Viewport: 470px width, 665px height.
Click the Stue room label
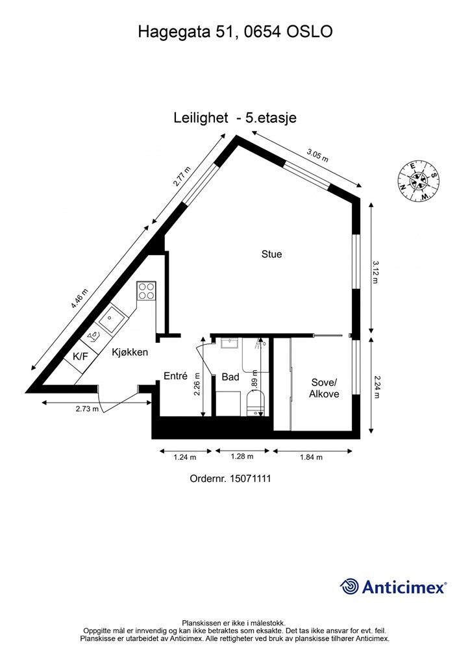[271, 255]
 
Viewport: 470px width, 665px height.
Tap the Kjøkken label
[130, 352]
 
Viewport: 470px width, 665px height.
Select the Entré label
[175, 376]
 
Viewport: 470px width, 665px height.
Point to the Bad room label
[230, 377]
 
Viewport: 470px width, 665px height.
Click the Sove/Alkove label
[324, 388]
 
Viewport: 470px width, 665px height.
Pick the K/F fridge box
[81, 357]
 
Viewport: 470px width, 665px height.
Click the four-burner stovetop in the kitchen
[146, 291]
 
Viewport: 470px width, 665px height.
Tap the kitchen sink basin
[110, 318]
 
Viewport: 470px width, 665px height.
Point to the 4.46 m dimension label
[80, 299]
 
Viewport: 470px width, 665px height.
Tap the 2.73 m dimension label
[87, 409]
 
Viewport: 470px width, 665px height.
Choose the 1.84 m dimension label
[312, 457]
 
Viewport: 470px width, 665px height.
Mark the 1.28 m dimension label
[242, 457]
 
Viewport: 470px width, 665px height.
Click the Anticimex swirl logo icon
[349, 586]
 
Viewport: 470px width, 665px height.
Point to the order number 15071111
[250, 479]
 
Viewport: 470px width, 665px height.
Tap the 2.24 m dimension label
[377, 386]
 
